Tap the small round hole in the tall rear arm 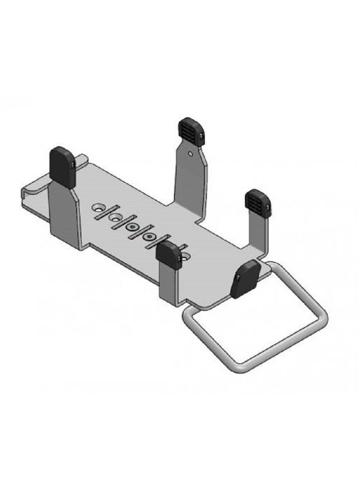[191, 154]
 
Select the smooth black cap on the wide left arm [63, 167]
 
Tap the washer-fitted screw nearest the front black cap [148, 236]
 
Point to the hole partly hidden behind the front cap [184, 259]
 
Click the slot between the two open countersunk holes [107, 212]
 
